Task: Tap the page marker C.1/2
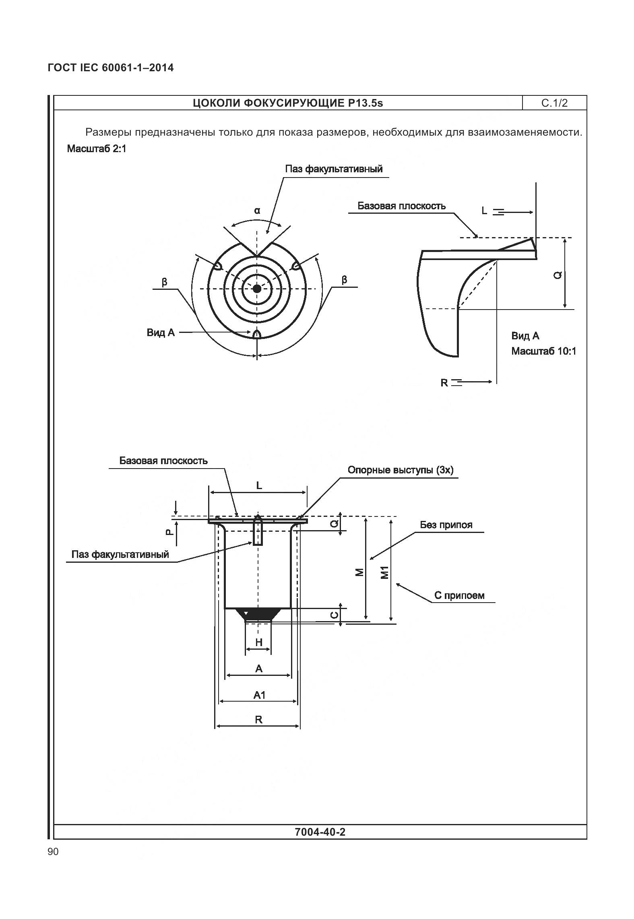(554, 103)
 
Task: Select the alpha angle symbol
(257, 210)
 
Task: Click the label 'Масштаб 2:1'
(97, 149)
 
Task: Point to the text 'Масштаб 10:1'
(543, 351)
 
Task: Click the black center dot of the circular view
(257, 288)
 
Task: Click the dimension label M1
(385, 572)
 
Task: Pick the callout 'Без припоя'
(446, 525)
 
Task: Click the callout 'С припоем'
(459, 595)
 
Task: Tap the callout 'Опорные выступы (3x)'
(400, 470)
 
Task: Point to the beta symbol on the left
(164, 281)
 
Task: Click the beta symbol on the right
(344, 280)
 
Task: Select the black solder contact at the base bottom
(258, 613)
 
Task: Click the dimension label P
(169, 532)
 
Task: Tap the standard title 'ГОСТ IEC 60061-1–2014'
(111, 68)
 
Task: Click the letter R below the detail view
(444, 382)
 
